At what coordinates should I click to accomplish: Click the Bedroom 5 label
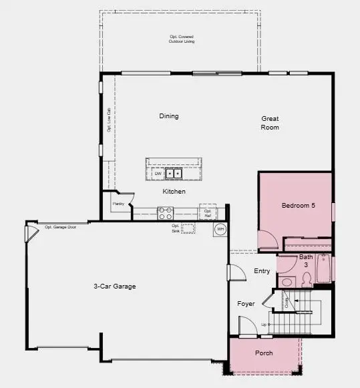pos(298,205)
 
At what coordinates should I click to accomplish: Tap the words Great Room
pos(270,123)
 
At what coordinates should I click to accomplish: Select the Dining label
pos(169,116)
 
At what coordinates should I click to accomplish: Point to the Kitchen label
pos(174,192)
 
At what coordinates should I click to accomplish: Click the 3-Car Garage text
pos(115,286)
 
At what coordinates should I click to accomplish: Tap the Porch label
pos(264,353)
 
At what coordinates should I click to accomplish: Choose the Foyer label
pos(246,304)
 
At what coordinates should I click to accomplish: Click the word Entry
pos(262,271)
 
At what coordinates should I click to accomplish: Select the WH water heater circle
pos(220,230)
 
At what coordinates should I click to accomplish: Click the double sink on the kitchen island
pos(174,174)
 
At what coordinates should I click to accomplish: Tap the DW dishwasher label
pos(158,174)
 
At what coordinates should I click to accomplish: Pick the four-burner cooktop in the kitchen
pos(165,214)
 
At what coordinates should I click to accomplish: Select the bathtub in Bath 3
pos(325,269)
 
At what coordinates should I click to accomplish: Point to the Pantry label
pos(118,203)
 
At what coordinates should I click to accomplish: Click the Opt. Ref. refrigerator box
pos(208,214)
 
